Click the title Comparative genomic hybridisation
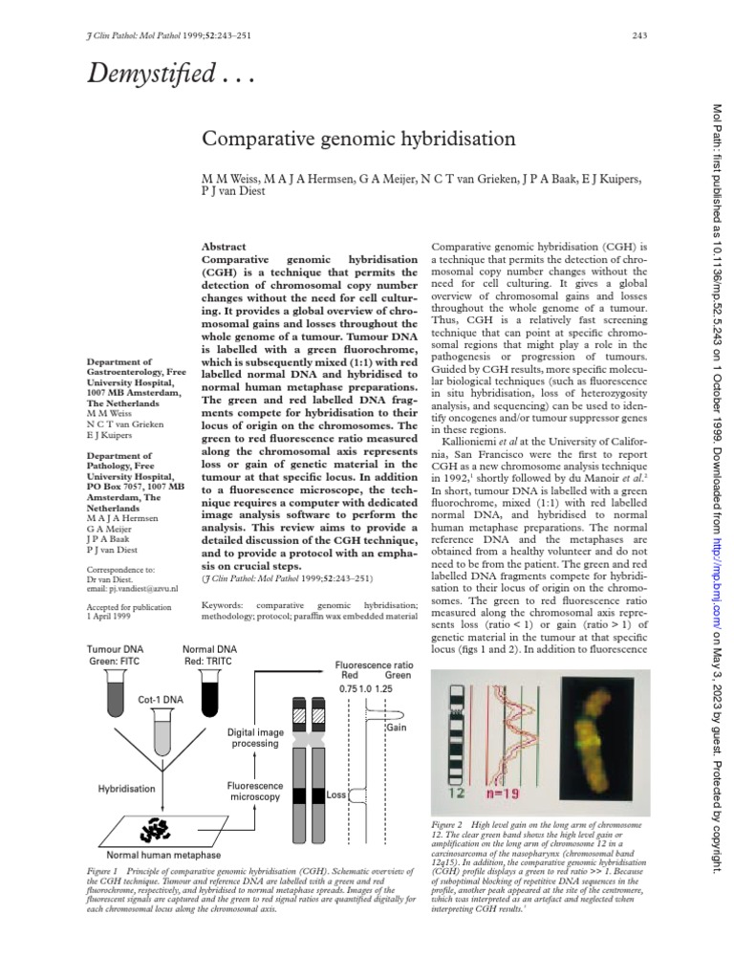click(358, 140)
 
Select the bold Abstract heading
click(225, 246)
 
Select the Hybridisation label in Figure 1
click(125, 789)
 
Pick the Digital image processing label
click(254, 737)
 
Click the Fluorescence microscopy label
click(254, 790)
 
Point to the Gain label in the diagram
click(397, 729)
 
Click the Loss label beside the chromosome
click(335, 795)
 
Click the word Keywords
click(223, 604)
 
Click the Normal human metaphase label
click(163, 854)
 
